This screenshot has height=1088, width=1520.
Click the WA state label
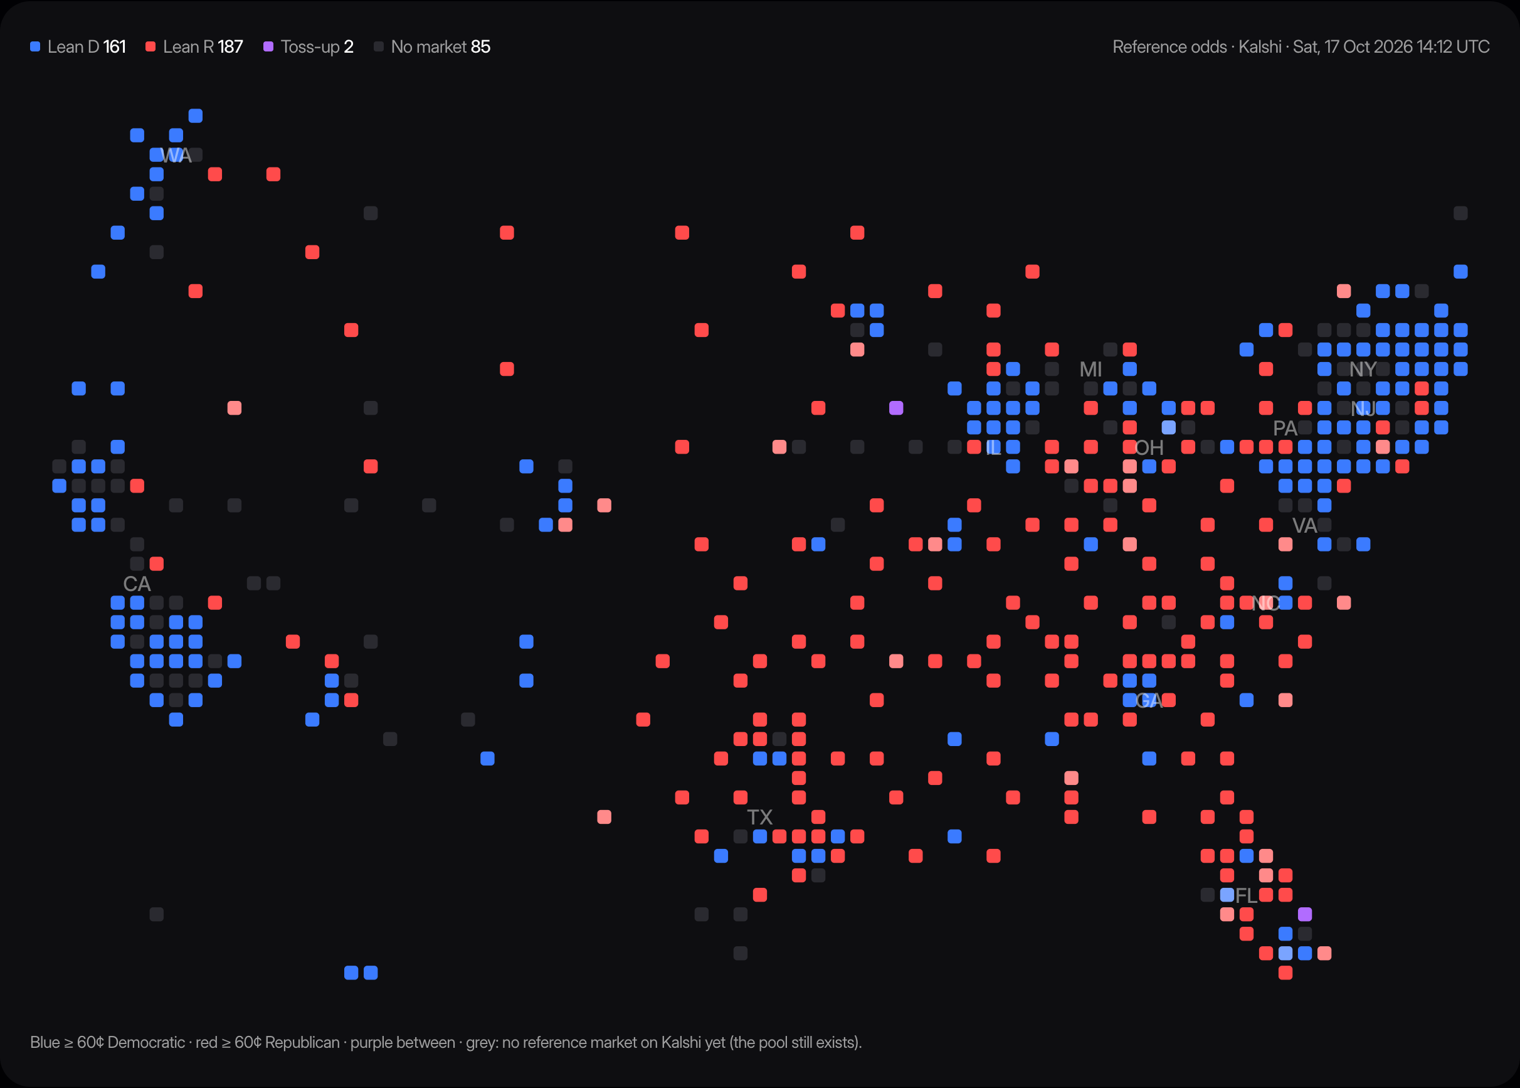[176, 156]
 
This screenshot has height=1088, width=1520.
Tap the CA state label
[137, 584]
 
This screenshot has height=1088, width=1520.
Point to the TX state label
[759, 818]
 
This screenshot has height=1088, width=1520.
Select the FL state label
[1246, 896]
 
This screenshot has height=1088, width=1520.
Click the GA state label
[1149, 701]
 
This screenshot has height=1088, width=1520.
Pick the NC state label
[1265, 604]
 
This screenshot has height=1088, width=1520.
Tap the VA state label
[1304, 526]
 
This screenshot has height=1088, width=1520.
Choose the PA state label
[1285, 428]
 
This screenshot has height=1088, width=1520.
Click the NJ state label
[1363, 408]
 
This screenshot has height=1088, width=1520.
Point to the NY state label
[1363, 369]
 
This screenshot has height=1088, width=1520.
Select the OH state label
[1149, 447]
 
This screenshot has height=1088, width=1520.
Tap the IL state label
[993, 447]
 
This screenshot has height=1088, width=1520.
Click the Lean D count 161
[115, 47]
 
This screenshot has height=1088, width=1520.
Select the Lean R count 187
[230, 47]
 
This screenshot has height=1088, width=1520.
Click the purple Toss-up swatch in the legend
[268, 46]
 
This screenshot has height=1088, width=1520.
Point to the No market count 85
[481, 47]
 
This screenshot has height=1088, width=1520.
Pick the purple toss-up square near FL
[1304, 914]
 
